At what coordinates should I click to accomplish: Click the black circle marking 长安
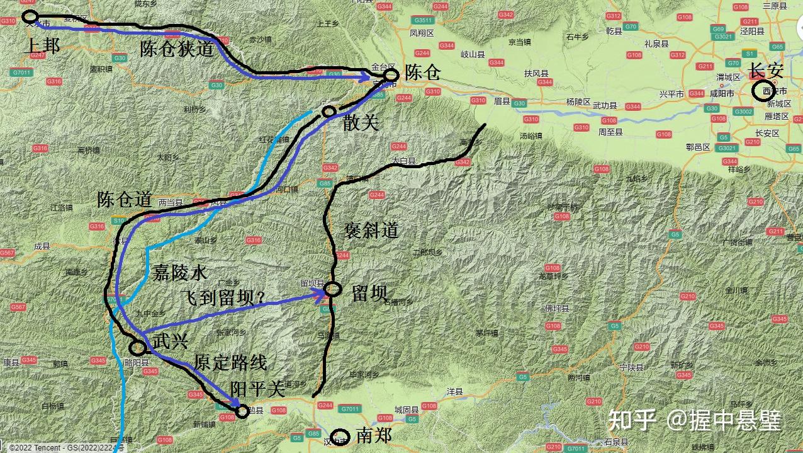click(x=764, y=91)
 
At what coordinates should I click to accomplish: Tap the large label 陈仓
click(x=422, y=72)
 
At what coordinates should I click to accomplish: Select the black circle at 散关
click(x=328, y=112)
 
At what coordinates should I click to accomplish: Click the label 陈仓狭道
click(x=177, y=49)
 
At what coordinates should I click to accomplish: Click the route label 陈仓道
click(x=125, y=199)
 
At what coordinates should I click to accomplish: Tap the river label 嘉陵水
click(x=179, y=273)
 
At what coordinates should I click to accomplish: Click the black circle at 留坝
click(x=333, y=290)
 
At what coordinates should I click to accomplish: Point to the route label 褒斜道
click(x=371, y=231)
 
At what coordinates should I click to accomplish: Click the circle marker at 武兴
click(x=138, y=347)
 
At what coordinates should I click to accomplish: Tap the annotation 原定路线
click(x=230, y=362)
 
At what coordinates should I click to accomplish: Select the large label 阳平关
click(x=258, y=389)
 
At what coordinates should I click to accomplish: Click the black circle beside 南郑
click(x=340, y=436)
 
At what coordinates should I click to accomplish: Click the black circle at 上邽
click(x=30, y=17)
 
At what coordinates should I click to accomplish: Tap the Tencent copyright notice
click(x=63, y=448)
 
